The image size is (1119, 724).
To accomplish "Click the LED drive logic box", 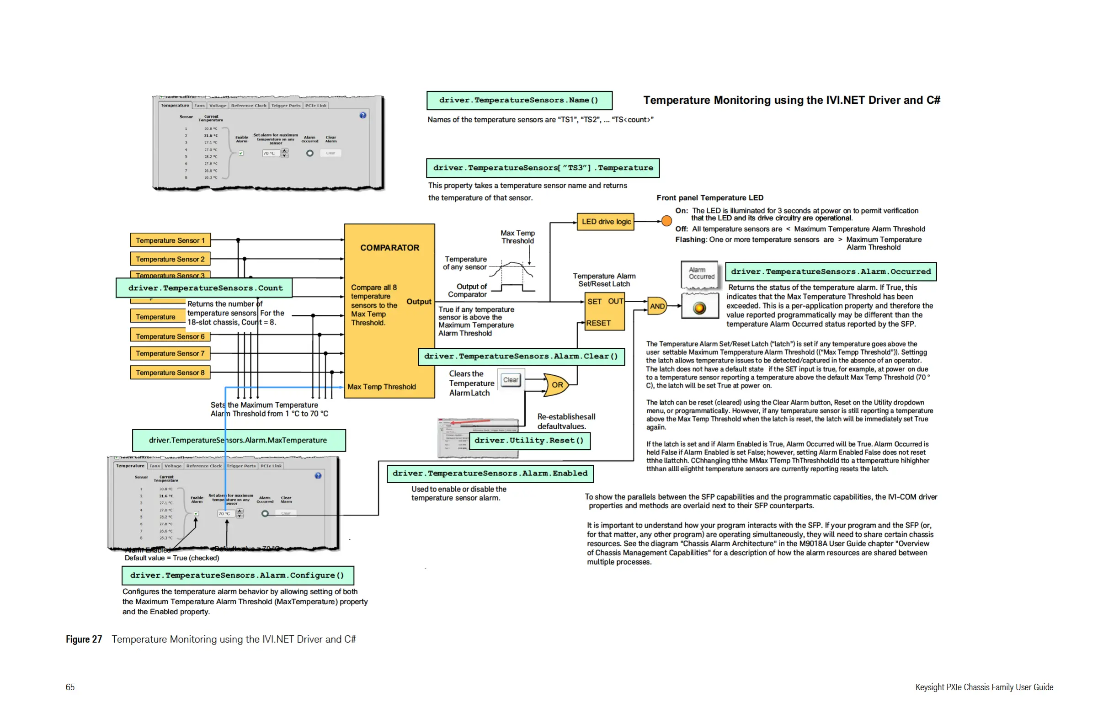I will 606,222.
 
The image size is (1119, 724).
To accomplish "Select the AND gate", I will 657,306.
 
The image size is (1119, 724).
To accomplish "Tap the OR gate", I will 556,384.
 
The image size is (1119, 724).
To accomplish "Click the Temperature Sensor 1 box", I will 170,240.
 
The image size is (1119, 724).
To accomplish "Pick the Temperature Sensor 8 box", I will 170,373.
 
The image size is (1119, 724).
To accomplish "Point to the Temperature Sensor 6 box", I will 170,336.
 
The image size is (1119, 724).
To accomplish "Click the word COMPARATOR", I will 389,248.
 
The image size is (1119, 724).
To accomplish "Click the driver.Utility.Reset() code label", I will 529,441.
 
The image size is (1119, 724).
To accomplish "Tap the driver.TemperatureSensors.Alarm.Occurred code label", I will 830,272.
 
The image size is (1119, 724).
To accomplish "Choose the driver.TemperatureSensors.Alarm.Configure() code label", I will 237,575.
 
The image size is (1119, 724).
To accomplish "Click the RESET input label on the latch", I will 598,323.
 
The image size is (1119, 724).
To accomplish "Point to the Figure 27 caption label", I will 84,639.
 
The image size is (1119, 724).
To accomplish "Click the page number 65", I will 70,687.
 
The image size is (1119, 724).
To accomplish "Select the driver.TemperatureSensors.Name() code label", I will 519,100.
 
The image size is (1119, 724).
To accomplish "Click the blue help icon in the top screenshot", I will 362,115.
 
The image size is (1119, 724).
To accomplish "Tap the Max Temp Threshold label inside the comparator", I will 381,387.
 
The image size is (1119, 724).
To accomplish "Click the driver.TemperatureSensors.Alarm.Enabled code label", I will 490,474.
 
